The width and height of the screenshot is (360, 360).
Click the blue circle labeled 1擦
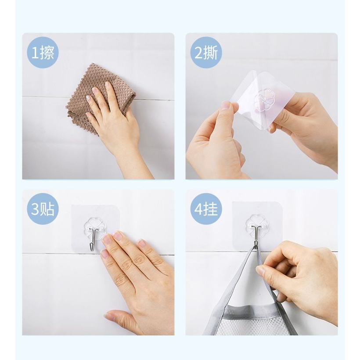coord(43,53)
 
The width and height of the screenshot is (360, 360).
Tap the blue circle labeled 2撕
coord(206,53)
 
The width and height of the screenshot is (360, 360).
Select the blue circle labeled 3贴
coord(43,209)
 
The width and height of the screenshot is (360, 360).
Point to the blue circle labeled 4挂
coord(206,209)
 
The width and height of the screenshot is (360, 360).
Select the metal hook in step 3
coord(92,239)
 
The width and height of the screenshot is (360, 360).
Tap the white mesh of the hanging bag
coord(255,327)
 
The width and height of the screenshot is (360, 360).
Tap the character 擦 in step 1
coord(47,53)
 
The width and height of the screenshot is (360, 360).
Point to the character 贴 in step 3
coord(47,209)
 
